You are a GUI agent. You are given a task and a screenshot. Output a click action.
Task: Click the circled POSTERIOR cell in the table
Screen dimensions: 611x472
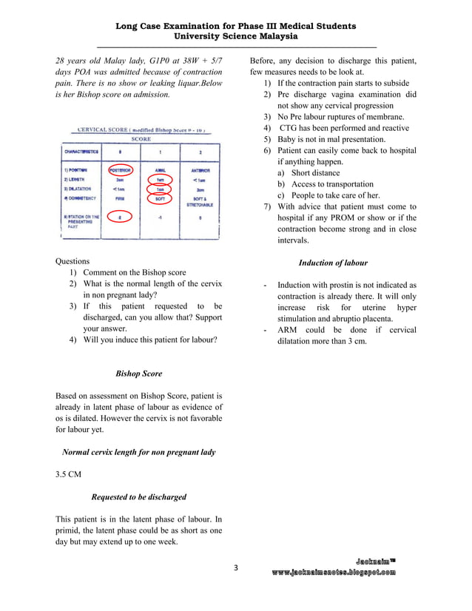[x=120, y=169]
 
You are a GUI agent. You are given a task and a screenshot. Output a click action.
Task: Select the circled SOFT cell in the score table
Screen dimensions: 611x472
[x=161, y=198]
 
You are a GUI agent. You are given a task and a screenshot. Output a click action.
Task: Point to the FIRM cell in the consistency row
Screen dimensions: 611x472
[x=120, y=198]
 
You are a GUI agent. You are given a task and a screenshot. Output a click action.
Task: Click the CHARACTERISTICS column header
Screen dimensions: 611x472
[x=81, y=151]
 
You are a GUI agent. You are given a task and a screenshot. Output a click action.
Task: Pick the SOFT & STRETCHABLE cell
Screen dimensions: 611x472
[x=200, y=201]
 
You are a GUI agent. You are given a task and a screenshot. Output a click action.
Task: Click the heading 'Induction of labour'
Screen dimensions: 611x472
[x=333, y=263]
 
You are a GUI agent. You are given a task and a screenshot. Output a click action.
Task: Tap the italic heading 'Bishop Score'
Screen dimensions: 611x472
[x=139, y=374]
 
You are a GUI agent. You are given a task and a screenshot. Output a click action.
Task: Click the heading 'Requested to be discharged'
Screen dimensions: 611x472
[x=138, y=497]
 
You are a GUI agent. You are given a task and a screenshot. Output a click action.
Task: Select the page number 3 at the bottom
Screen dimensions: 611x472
[x=236, y=568]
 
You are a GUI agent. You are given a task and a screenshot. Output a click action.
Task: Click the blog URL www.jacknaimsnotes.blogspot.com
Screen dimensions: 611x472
[x=333, y=573]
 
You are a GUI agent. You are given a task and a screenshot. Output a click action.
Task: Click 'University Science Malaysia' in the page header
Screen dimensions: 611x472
[x=235, y=36]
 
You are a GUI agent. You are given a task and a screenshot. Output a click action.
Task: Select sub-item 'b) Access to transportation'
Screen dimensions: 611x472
[x=326, y=184]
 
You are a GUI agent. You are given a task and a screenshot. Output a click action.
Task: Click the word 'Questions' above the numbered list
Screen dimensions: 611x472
[x=73, y=261]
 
